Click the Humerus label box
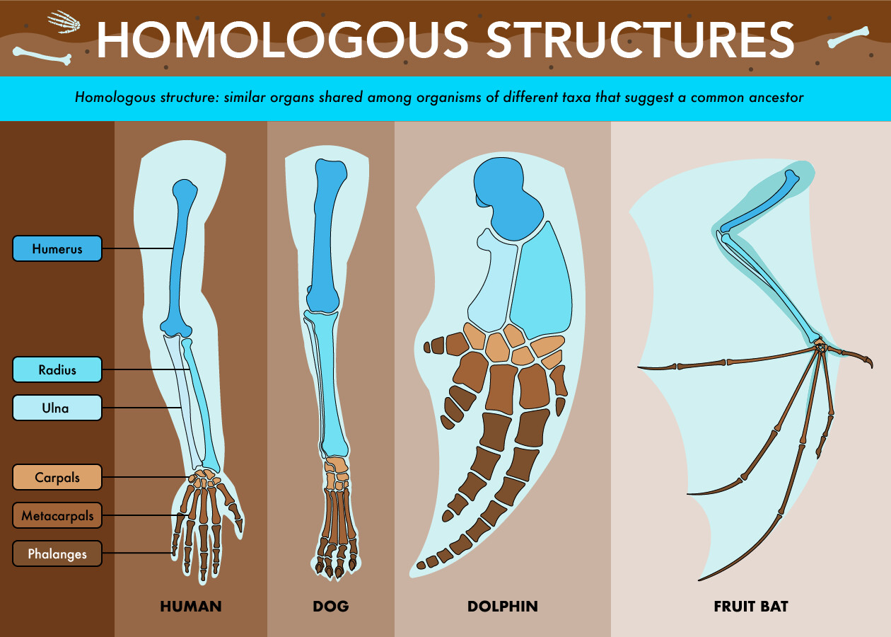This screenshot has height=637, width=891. [57, 248]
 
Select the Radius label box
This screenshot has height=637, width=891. [57, 369]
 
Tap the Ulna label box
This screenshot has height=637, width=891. [57, 408]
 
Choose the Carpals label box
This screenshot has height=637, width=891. [57, 477]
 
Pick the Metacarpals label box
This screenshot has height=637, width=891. [57, 515]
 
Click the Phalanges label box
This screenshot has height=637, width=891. [57, 553]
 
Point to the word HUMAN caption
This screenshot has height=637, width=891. [191, 607]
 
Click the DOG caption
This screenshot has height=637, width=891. [331, 607]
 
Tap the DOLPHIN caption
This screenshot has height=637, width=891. [503, 607]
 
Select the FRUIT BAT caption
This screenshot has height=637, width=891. [751, 607]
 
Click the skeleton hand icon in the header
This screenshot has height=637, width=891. [64, 21]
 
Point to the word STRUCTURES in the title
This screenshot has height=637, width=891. [641, 40]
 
